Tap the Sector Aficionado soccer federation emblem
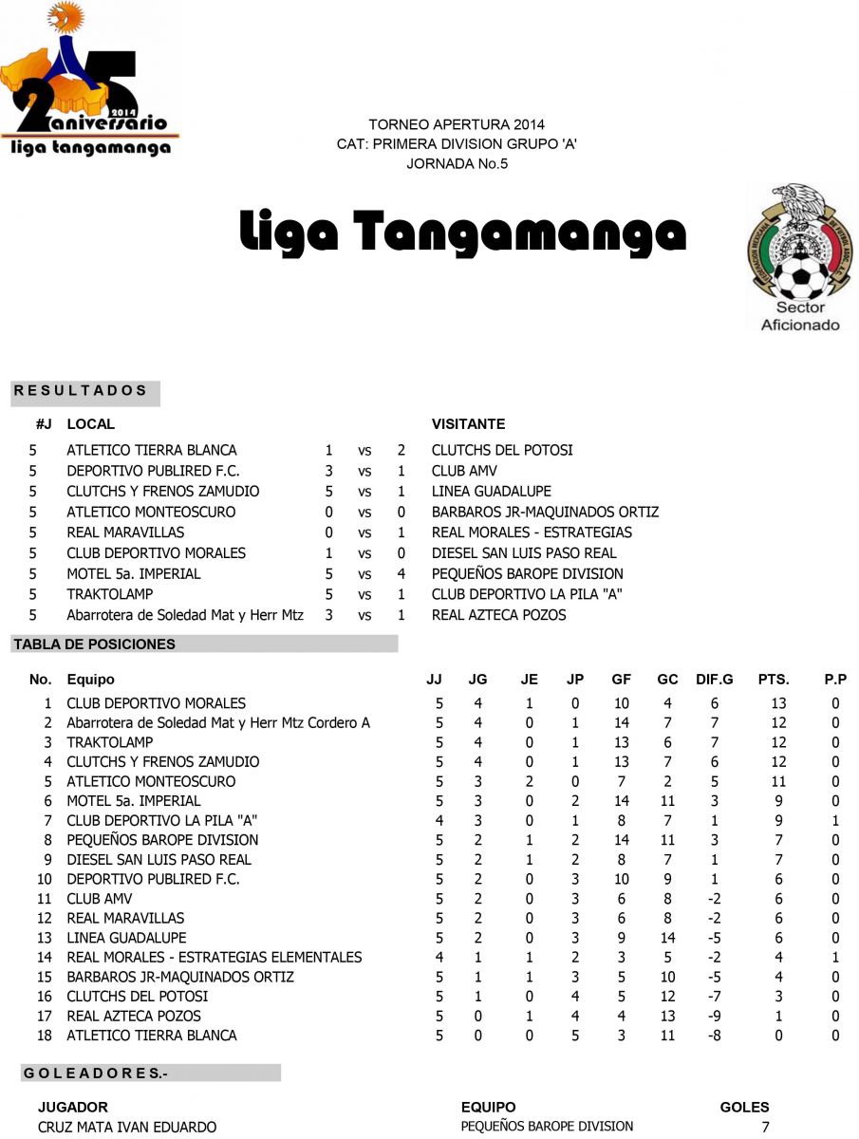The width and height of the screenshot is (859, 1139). coord(799,257)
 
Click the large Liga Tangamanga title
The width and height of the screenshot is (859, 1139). coord(462,233)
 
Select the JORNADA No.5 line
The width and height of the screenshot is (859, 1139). coord(457,163)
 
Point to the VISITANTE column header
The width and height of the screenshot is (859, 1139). coord(468,424)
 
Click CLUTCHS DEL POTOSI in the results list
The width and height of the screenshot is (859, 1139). coord(502,450)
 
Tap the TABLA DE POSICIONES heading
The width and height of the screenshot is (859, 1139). coord(94,644)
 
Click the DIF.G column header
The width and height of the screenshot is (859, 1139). coord(714,680)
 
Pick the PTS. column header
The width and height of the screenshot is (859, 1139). coord(774,680)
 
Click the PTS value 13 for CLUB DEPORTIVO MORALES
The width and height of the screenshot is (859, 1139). coord(778,703)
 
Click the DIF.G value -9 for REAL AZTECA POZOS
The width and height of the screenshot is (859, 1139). coord(714,1016)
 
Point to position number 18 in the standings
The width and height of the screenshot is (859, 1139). coord(44,1036)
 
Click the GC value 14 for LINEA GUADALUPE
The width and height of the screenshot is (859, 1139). coord(667,938)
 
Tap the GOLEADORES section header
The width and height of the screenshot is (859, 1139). coord(94,1074)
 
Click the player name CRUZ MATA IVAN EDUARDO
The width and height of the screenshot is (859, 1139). coord(127,1127)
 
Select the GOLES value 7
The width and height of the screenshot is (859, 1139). coord(765,1127)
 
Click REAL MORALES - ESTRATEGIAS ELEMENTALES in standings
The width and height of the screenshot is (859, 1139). coord(214,957)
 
